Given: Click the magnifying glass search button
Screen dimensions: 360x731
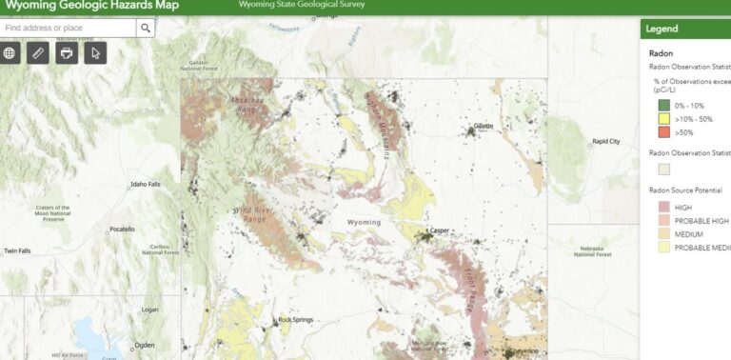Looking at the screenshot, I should tap(145, 29).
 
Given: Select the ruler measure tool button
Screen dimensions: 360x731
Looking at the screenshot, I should tap(38, 52).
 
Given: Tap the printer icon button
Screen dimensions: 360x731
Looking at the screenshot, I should tap(67, 52).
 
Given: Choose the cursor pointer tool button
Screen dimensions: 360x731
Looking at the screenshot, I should tap(95, 52).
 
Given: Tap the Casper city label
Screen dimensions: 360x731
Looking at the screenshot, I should tap(439, 230).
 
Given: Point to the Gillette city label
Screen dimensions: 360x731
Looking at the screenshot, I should tap(484, 126).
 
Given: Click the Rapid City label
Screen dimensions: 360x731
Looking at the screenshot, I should tap(606, 141).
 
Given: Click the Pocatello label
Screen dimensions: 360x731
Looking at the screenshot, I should tap(122, 229).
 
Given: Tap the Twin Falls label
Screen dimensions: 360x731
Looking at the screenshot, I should tap(17, 250).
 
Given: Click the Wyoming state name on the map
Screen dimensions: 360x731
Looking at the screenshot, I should tap(364, 222).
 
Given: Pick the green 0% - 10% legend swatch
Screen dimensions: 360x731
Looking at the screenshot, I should tap(662, 105).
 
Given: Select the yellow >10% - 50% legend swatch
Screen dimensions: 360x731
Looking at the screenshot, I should tap(662, 119).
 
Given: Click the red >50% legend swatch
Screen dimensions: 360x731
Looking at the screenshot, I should tap(662, 132).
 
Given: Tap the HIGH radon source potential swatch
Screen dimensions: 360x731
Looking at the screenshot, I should tap(662, 207).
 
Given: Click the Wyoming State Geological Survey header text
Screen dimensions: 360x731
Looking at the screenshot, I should tap(302, 5).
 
